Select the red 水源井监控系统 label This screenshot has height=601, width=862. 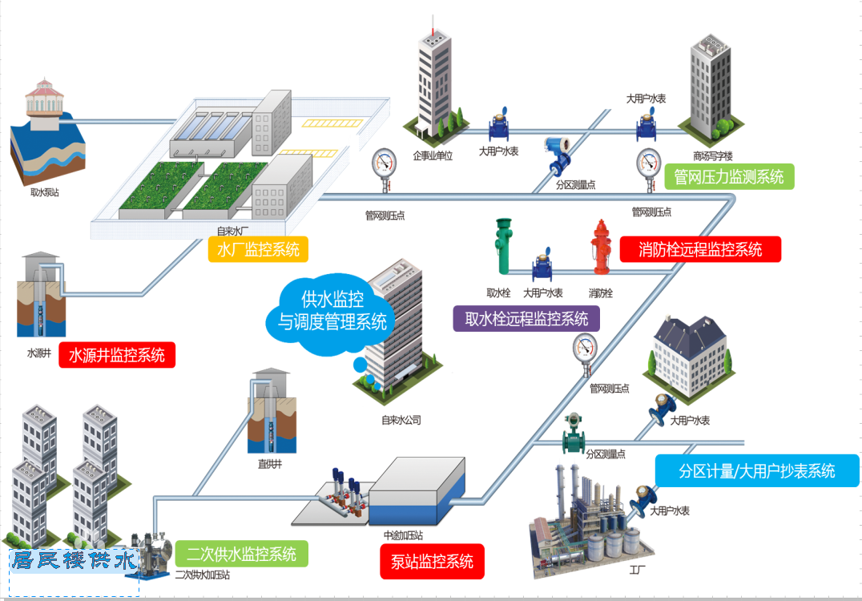[x=117, y=354]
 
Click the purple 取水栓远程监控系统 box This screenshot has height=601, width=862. [x=526, y=319]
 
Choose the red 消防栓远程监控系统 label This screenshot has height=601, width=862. [x=700, y=249]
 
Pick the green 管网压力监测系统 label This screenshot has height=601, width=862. [x=729, y=176]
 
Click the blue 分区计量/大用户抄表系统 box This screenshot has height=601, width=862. [x=757, y=470]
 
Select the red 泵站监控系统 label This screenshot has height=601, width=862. [x=433, y=561]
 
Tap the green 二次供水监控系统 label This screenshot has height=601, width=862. [x=241, y=554]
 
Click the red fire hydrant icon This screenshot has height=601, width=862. [x=602, y=248]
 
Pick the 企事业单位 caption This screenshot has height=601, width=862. [x=433, y=155]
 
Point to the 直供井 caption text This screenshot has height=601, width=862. [x=270, y=462]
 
